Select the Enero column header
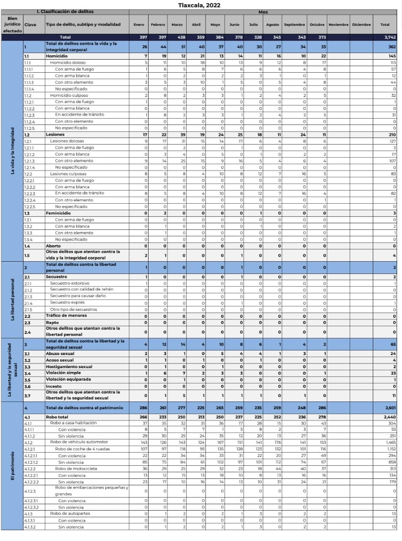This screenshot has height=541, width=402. pos(139,25)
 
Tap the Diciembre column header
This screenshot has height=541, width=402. pos(361,25)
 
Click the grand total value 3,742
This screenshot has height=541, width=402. pos(385,37)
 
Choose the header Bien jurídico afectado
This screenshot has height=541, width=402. pos(12,25)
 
